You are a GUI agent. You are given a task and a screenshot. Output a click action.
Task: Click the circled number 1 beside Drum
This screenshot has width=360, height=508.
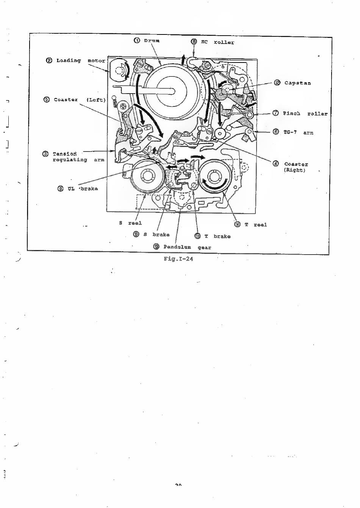[137, 40]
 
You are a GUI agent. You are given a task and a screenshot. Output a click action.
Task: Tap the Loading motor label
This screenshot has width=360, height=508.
[81, 61]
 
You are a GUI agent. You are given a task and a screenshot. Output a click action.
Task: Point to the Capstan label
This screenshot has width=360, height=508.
[297, 83]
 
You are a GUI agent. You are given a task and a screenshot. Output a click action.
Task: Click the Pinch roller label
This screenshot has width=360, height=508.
[305, 113]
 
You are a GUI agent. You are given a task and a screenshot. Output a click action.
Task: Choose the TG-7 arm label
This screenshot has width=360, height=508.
[298, 132]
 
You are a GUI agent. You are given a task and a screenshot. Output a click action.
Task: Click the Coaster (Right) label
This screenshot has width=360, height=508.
[296, 167]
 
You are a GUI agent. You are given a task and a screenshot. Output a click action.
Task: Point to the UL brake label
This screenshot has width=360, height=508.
[82, 189]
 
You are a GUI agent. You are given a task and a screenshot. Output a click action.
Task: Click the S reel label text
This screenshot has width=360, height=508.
[130, 223]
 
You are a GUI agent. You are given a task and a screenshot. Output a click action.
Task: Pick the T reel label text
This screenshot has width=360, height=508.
[255, 225]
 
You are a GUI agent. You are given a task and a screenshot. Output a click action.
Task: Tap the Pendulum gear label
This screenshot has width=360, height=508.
[187, 247]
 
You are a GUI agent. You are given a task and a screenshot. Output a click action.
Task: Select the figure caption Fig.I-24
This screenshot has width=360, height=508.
[178, 259]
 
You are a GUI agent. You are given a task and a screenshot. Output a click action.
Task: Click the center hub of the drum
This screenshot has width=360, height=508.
[172, 91]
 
